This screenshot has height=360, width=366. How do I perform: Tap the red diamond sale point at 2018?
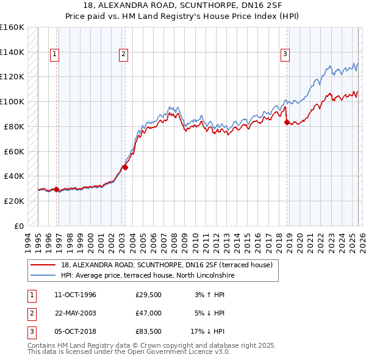click(x=287, y=122)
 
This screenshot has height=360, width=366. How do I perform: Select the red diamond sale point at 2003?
click(x=125, y=167)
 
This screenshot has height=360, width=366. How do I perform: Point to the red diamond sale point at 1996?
click(x=57, y=189)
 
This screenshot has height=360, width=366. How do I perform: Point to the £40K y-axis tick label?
click(x=13, y=176)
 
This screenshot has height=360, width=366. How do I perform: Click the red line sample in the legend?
click(x=43, y=265)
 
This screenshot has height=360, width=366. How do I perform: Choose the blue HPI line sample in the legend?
click(x=43, y=276)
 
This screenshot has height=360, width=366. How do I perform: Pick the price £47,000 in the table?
click(x=149, y=313)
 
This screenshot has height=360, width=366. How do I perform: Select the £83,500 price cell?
click(x=149, y=331)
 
